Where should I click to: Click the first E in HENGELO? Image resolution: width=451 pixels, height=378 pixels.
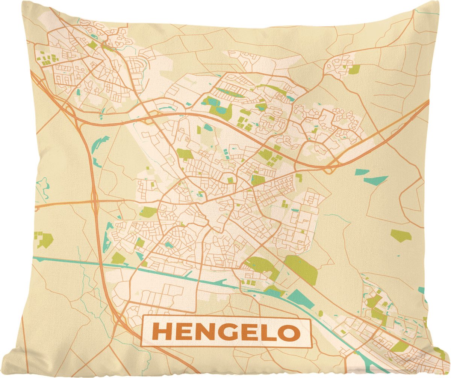(x=183, y=332)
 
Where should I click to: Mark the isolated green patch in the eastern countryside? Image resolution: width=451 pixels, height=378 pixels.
(x=401, y=235)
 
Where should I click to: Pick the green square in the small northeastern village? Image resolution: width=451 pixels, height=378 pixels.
(x=354, y=69)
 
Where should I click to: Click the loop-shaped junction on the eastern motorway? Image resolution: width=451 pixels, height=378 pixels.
(x=329, y=169)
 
